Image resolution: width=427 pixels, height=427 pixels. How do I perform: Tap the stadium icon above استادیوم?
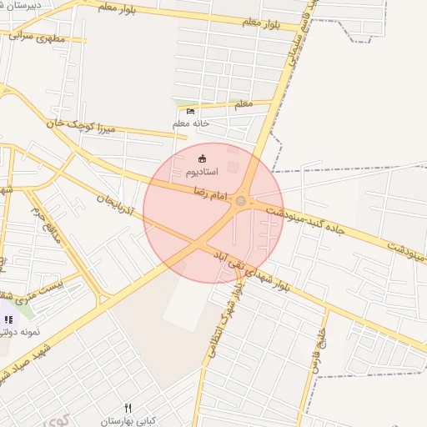point(201,158)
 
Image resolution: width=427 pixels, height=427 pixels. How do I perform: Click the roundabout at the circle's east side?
point(241,200)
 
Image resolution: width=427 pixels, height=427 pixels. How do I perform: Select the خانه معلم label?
point(190,123)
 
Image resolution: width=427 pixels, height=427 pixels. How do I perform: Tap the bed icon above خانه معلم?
point(190,112)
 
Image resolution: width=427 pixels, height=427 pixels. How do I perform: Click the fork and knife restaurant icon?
point(128,408)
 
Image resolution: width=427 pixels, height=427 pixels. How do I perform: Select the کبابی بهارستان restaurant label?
point(129,421)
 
